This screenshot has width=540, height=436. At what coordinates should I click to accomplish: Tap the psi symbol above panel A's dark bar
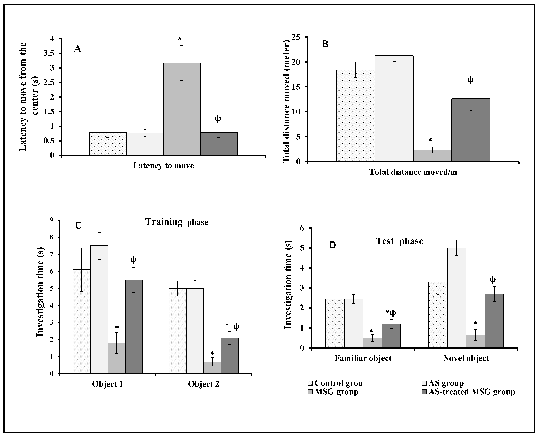[218, 119]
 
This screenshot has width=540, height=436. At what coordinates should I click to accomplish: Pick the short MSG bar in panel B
[432, 156]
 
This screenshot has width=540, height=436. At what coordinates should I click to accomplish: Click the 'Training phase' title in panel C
[177, 222]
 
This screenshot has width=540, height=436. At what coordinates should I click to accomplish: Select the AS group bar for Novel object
[457, 298]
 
